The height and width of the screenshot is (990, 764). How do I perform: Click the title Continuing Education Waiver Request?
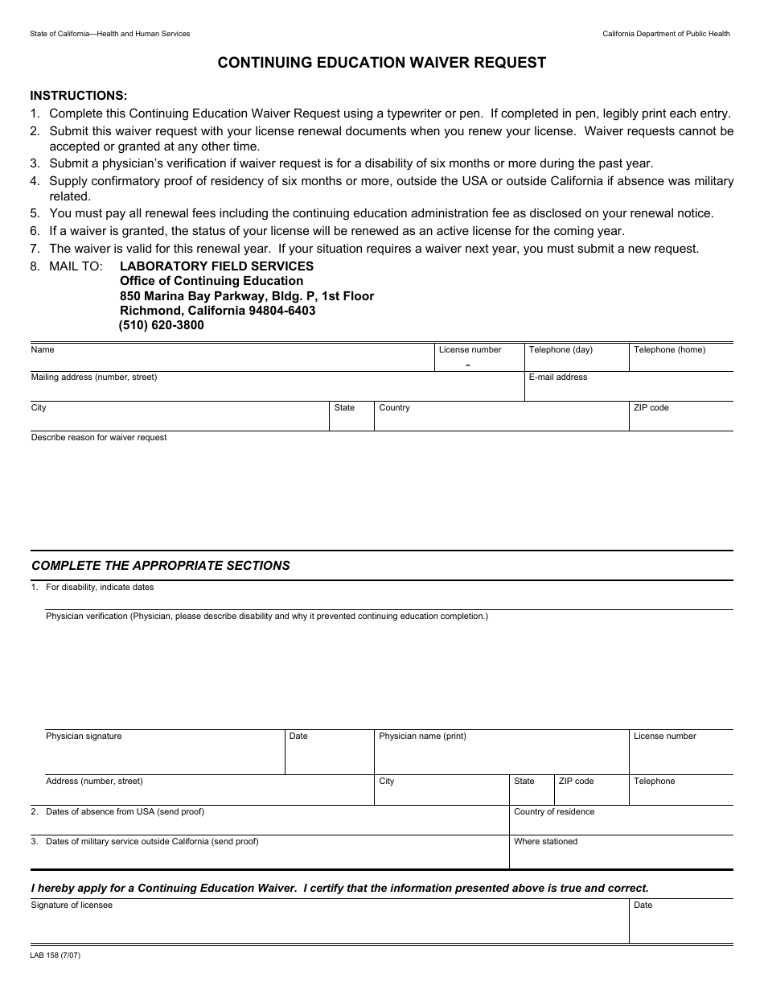pos(382,63)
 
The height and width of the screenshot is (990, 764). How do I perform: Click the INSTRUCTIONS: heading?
pos(79,95)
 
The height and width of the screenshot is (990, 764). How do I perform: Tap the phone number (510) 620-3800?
pos(162,325)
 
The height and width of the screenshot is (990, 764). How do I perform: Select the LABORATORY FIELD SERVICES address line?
pos(216,266)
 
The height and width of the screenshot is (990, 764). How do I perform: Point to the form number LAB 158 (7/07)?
pos(55,955)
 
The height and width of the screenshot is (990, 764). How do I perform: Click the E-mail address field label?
pos(557,377)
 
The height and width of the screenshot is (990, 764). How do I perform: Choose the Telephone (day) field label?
pos(561,349)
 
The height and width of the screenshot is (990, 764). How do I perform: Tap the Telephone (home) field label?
pos(669,349)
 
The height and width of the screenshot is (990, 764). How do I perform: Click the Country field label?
pos(394,407)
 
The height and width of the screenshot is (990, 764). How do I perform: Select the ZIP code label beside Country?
pos(651,407)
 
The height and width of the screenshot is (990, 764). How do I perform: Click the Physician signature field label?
pos(84,736)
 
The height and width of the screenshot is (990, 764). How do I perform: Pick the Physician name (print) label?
pos(422,736)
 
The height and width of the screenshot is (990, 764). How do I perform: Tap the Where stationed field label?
pos(545,841)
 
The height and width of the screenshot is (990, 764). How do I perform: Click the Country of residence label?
pos(554,811)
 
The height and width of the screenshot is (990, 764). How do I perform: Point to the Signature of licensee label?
pos(72,905)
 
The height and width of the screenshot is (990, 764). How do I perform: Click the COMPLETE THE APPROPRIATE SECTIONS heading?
pos(161,565)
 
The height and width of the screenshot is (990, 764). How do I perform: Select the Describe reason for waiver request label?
pos(99,437)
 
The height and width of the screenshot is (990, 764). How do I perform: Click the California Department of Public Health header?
pos(667,34)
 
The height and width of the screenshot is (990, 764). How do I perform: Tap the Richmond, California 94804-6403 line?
pos(217,310)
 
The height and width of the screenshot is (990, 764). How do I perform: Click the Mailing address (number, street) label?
pos(94,377)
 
